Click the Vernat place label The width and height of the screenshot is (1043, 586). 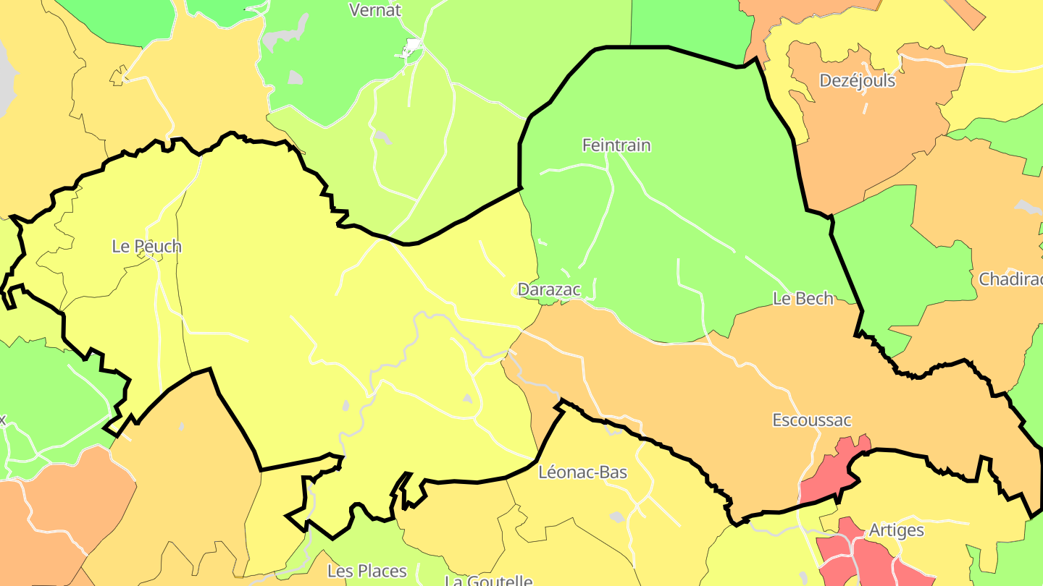pos(374,10)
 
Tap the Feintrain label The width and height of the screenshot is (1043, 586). pos(616,145)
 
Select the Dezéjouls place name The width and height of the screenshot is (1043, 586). pos(857,80)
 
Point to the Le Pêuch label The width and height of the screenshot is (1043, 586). pos(146,246)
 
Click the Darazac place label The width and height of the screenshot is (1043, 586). pos(549,289)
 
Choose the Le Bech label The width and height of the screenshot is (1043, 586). pos(803,298)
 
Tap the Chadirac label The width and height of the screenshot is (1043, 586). pos(1010,279)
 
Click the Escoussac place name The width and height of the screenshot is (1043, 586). pos(812,420)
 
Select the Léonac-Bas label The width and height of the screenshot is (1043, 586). pos(583,472)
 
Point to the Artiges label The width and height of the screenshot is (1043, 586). pos(897,530)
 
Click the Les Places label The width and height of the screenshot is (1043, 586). pos(367,571)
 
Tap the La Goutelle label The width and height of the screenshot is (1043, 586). pos(488,580)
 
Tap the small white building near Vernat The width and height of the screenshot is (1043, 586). pos(413,48)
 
